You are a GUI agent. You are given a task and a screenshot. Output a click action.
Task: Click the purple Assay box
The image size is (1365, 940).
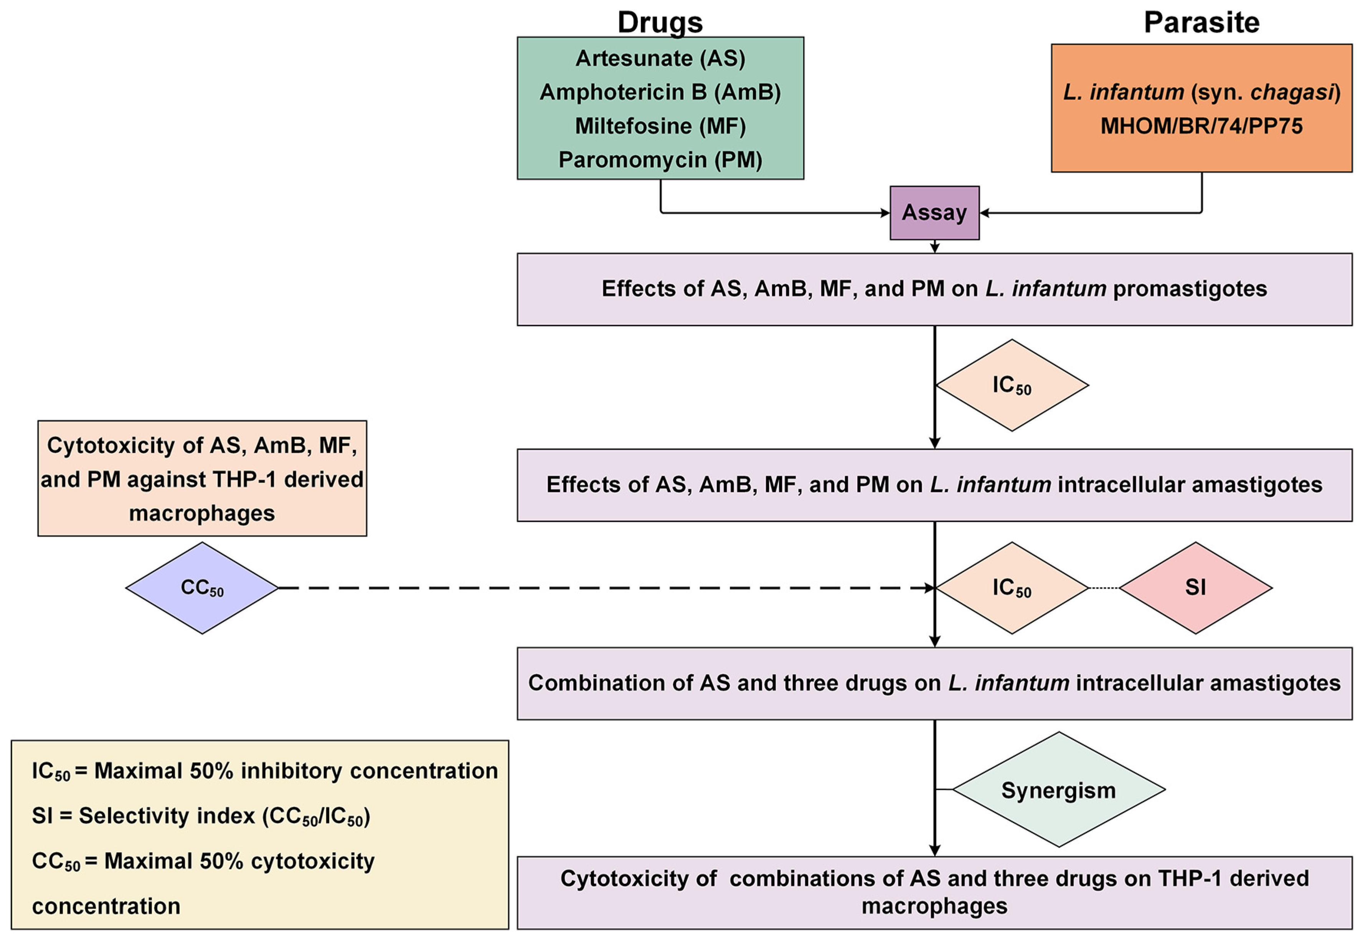[x=934, y=213]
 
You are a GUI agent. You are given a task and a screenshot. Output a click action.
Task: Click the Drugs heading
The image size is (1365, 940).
[x=660, y=22]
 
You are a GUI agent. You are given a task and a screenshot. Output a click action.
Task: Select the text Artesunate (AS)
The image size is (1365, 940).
[x=660, y=58]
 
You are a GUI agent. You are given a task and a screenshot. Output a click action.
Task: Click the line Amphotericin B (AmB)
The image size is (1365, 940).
[x=660, y=92]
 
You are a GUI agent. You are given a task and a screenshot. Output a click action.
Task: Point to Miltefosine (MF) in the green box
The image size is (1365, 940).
[x=660, y=126]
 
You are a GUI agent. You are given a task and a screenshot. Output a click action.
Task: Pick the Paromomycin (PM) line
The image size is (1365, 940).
[x=660, y=160]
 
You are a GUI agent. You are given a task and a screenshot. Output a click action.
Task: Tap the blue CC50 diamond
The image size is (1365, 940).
[x=202, y=588]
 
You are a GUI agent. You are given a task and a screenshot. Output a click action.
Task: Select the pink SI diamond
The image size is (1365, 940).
[x=1195, y=588]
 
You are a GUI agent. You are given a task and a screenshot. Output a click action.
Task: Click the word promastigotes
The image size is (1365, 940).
[x=1190, y=289]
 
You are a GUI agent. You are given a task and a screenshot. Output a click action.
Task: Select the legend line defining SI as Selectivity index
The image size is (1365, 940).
[x=200, y=816]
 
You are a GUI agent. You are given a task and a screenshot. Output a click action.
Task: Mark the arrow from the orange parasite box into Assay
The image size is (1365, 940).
[x=1089, y=213]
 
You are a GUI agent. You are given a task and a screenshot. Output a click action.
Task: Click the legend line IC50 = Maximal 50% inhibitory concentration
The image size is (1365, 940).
[x=264, y=771]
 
